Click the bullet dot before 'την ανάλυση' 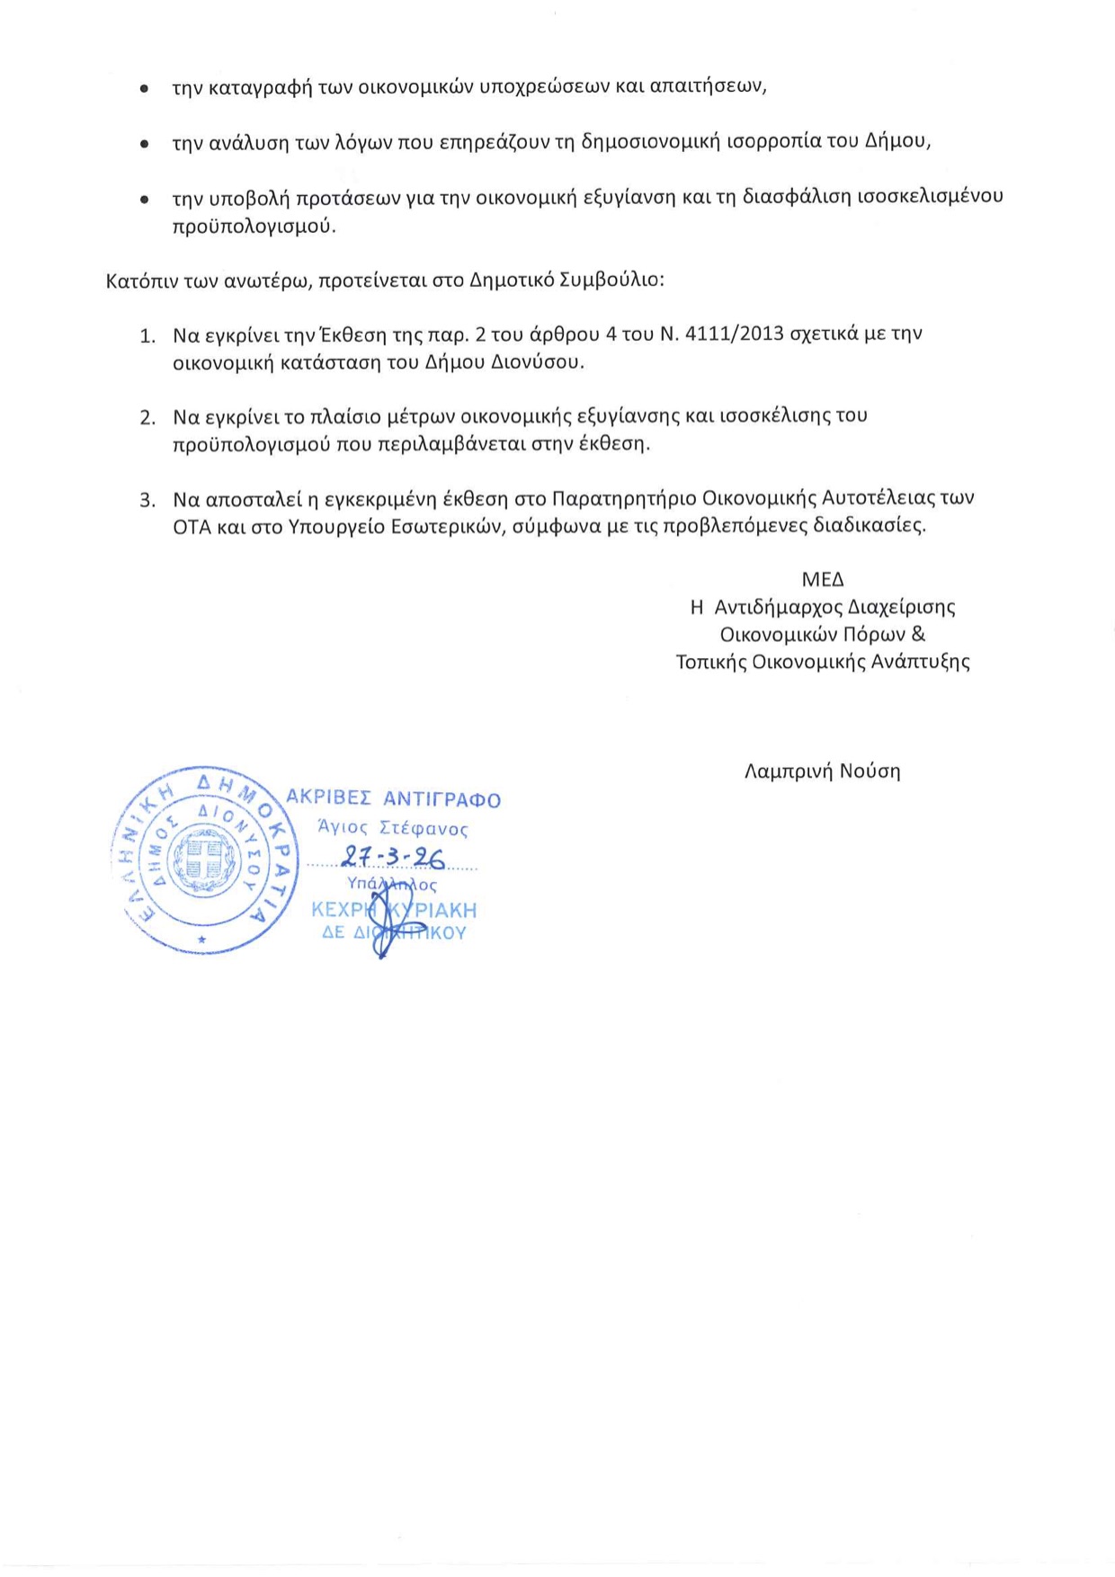143,143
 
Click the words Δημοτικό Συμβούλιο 566,280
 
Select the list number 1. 147,336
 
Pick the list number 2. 147,418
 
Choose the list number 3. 147,500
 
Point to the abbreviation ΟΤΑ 192,527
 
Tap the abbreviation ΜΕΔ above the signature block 823,580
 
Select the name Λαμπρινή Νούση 822,771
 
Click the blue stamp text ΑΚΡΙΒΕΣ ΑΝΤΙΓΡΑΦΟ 393,799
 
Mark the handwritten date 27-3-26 393,858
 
